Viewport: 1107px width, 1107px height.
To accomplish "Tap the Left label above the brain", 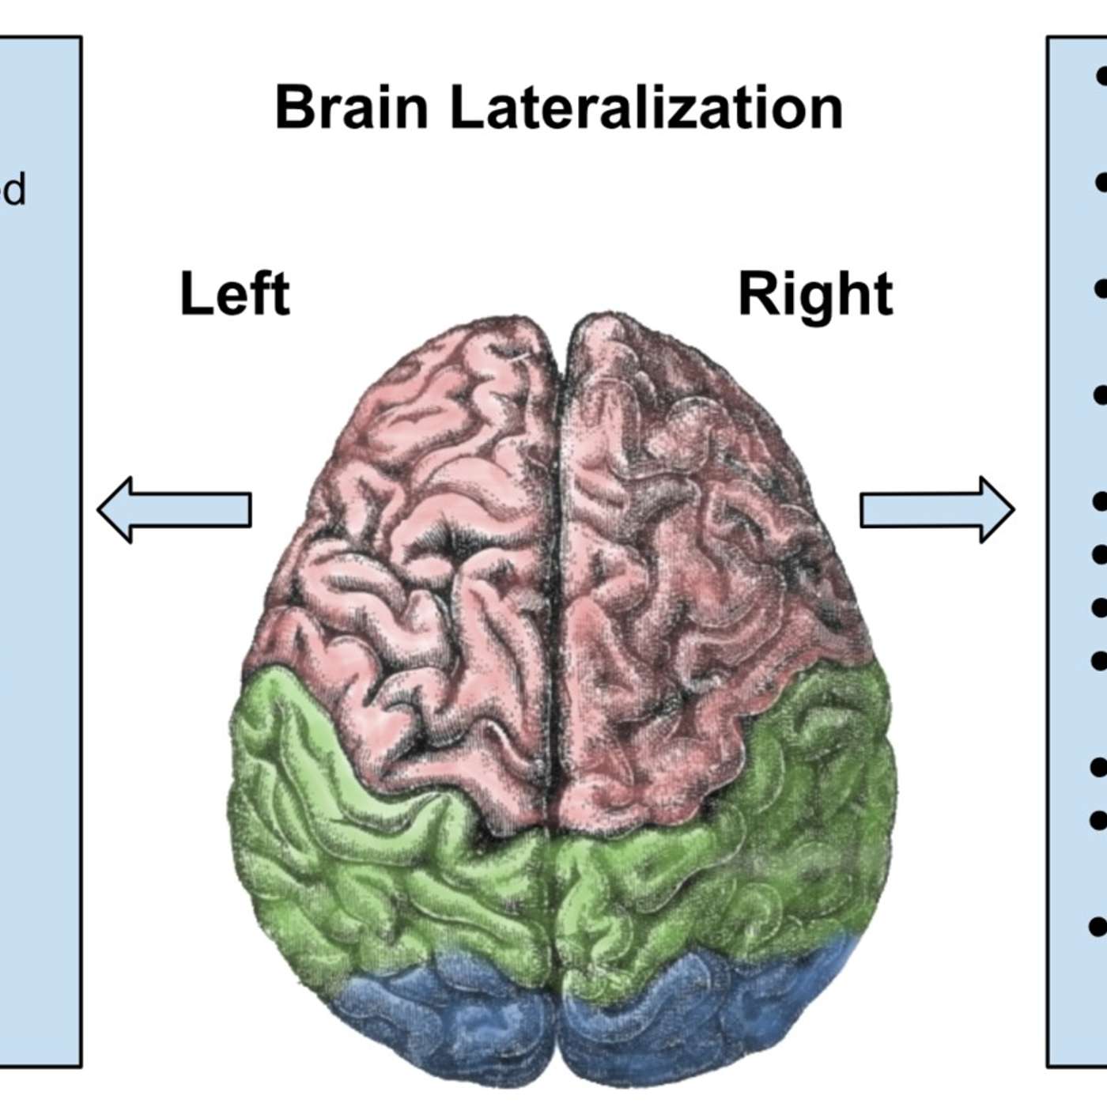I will pos(235,294).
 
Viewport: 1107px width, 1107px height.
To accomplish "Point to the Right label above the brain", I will pos(814,294).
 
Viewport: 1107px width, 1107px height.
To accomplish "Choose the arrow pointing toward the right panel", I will pos(937,509).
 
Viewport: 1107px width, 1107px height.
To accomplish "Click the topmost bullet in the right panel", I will pos(1101,77).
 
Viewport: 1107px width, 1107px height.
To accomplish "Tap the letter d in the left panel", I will pos(14,190).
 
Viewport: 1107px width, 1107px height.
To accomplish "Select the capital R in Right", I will pos(756,294).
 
